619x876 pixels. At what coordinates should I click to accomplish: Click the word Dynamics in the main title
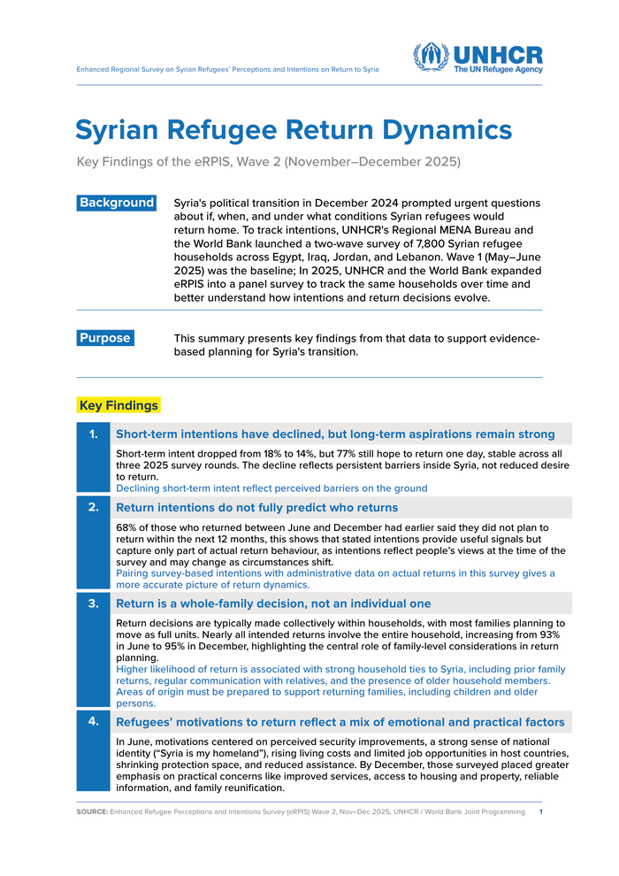point(449,130)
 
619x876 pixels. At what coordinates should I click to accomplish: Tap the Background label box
point(117,203)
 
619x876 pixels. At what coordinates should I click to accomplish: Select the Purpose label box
point(105,338)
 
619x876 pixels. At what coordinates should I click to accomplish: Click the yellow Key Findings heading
point(118,405)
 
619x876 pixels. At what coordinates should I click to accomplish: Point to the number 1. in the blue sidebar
point(94,434)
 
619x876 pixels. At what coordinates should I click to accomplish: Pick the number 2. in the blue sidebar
point(94,507)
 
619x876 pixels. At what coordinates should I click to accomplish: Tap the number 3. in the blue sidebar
point(94,603)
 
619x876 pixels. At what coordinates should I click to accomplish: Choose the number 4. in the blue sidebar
point(94,721)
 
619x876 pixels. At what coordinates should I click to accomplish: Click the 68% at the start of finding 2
point(128,527)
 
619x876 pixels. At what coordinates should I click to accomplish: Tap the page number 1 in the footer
point(540,811)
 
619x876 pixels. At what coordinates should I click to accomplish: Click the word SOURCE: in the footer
point(92,811)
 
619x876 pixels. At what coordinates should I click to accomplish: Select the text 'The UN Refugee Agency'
point(498,69)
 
